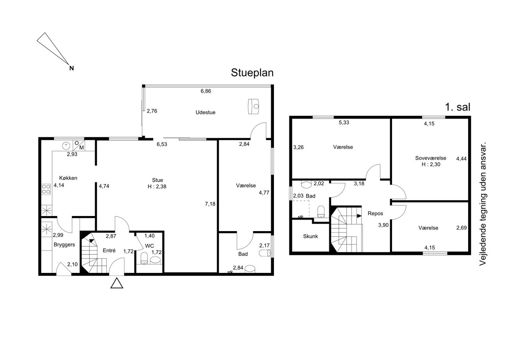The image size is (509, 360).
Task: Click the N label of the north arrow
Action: pos(72,68)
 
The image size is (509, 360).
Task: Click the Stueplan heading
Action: pos(252,73)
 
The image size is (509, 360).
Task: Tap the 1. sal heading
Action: pos(457,107)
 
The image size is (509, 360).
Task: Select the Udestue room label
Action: pos(206,112)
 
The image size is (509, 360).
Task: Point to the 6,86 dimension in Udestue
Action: pos(206,91)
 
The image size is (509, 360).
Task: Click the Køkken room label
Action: pos(68,178)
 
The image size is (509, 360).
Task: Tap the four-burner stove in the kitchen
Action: pos(46,189)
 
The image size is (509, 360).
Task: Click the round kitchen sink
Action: pos(66,145)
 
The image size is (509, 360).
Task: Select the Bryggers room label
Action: pos(64,245)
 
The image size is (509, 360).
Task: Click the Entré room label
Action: pos(109,251)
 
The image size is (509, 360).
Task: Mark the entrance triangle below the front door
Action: pos(117,283)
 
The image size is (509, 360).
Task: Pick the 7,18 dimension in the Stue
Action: pos(210,204)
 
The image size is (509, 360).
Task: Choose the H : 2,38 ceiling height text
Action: pos(157,187)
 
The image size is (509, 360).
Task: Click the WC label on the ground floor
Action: pos(150,246)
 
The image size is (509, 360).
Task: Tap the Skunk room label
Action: pos(311,236)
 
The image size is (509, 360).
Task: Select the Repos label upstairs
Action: pos(375,213)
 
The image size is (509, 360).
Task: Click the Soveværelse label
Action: pos(431,158)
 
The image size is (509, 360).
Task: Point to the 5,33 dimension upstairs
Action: pos(344,123)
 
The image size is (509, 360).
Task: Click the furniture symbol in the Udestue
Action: pos(254,106)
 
